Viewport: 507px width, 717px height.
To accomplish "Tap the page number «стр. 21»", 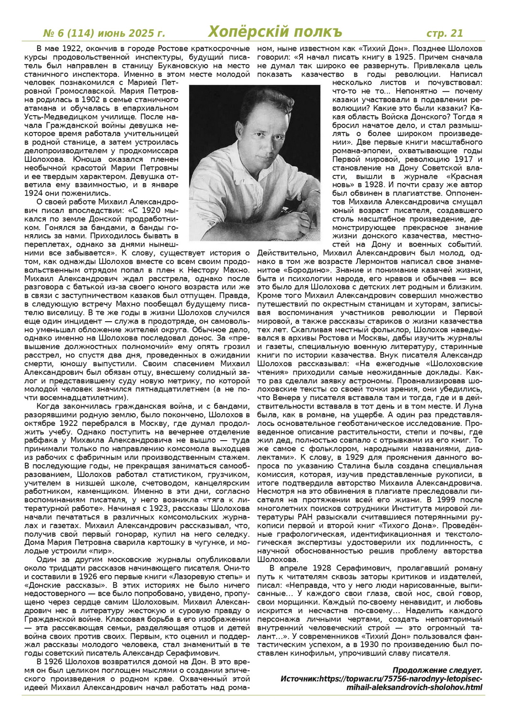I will pos(444,33).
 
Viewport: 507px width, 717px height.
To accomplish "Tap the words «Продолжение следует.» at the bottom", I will pos(437,670).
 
